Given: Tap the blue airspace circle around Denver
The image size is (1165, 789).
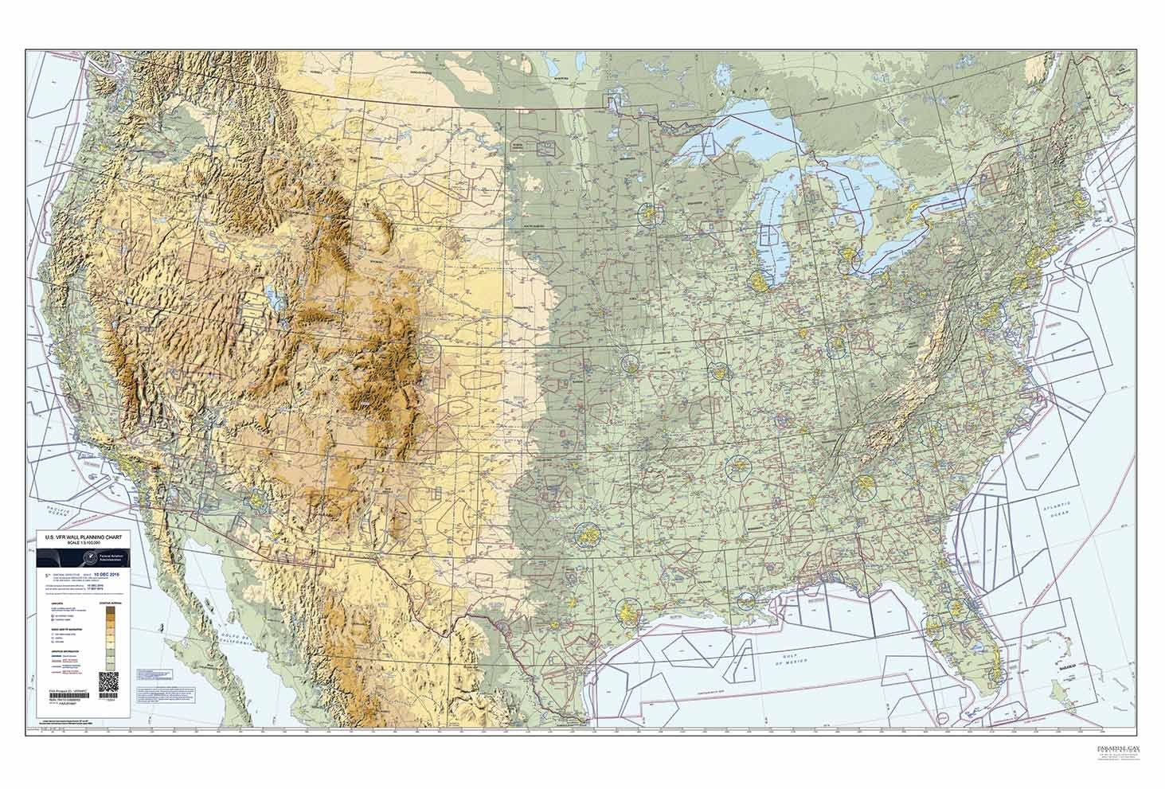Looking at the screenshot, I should tap(431, 348).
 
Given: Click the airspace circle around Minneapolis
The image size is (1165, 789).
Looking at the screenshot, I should tap(651, 213).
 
